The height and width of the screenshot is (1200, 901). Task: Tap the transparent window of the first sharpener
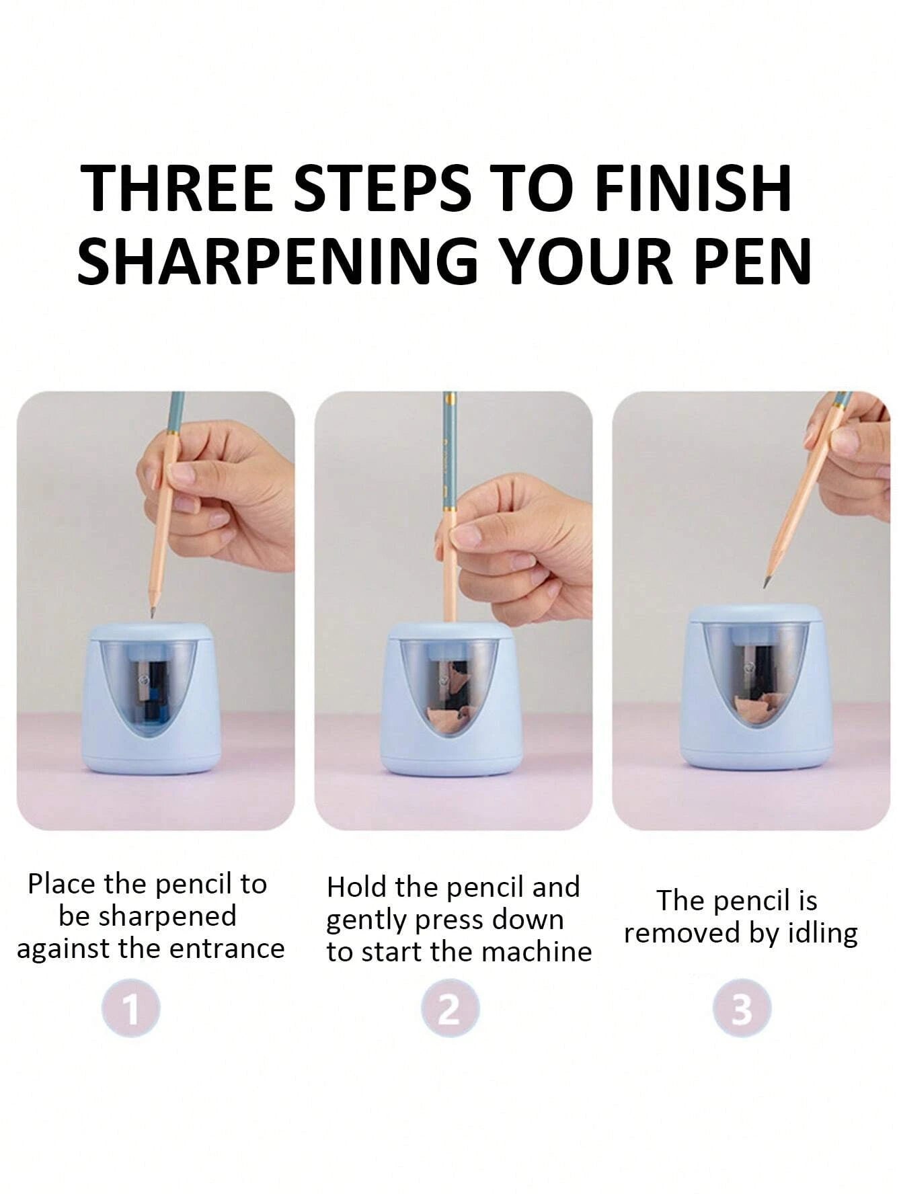pos(152,686)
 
